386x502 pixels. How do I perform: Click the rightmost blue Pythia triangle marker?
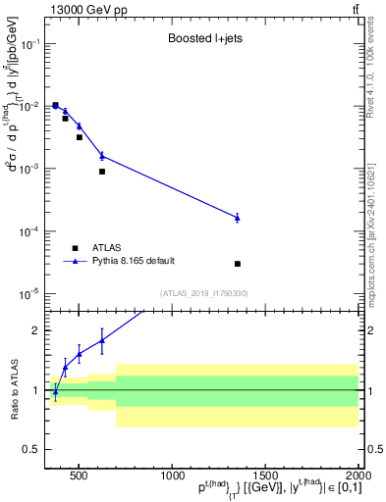pyautogui.click(x=238, y=217)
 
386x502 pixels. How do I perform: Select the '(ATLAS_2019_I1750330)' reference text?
pyautogui.click(x=204, y=293)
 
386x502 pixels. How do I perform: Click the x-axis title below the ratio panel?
pyautogui.click(x=265, y=486)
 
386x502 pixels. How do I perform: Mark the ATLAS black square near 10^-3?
pyautogui.click(x=102, y=172)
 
